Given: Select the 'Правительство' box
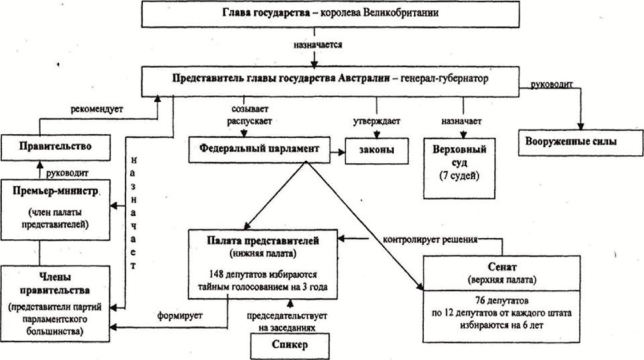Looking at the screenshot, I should pyautogui.click(x=55, y=147).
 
